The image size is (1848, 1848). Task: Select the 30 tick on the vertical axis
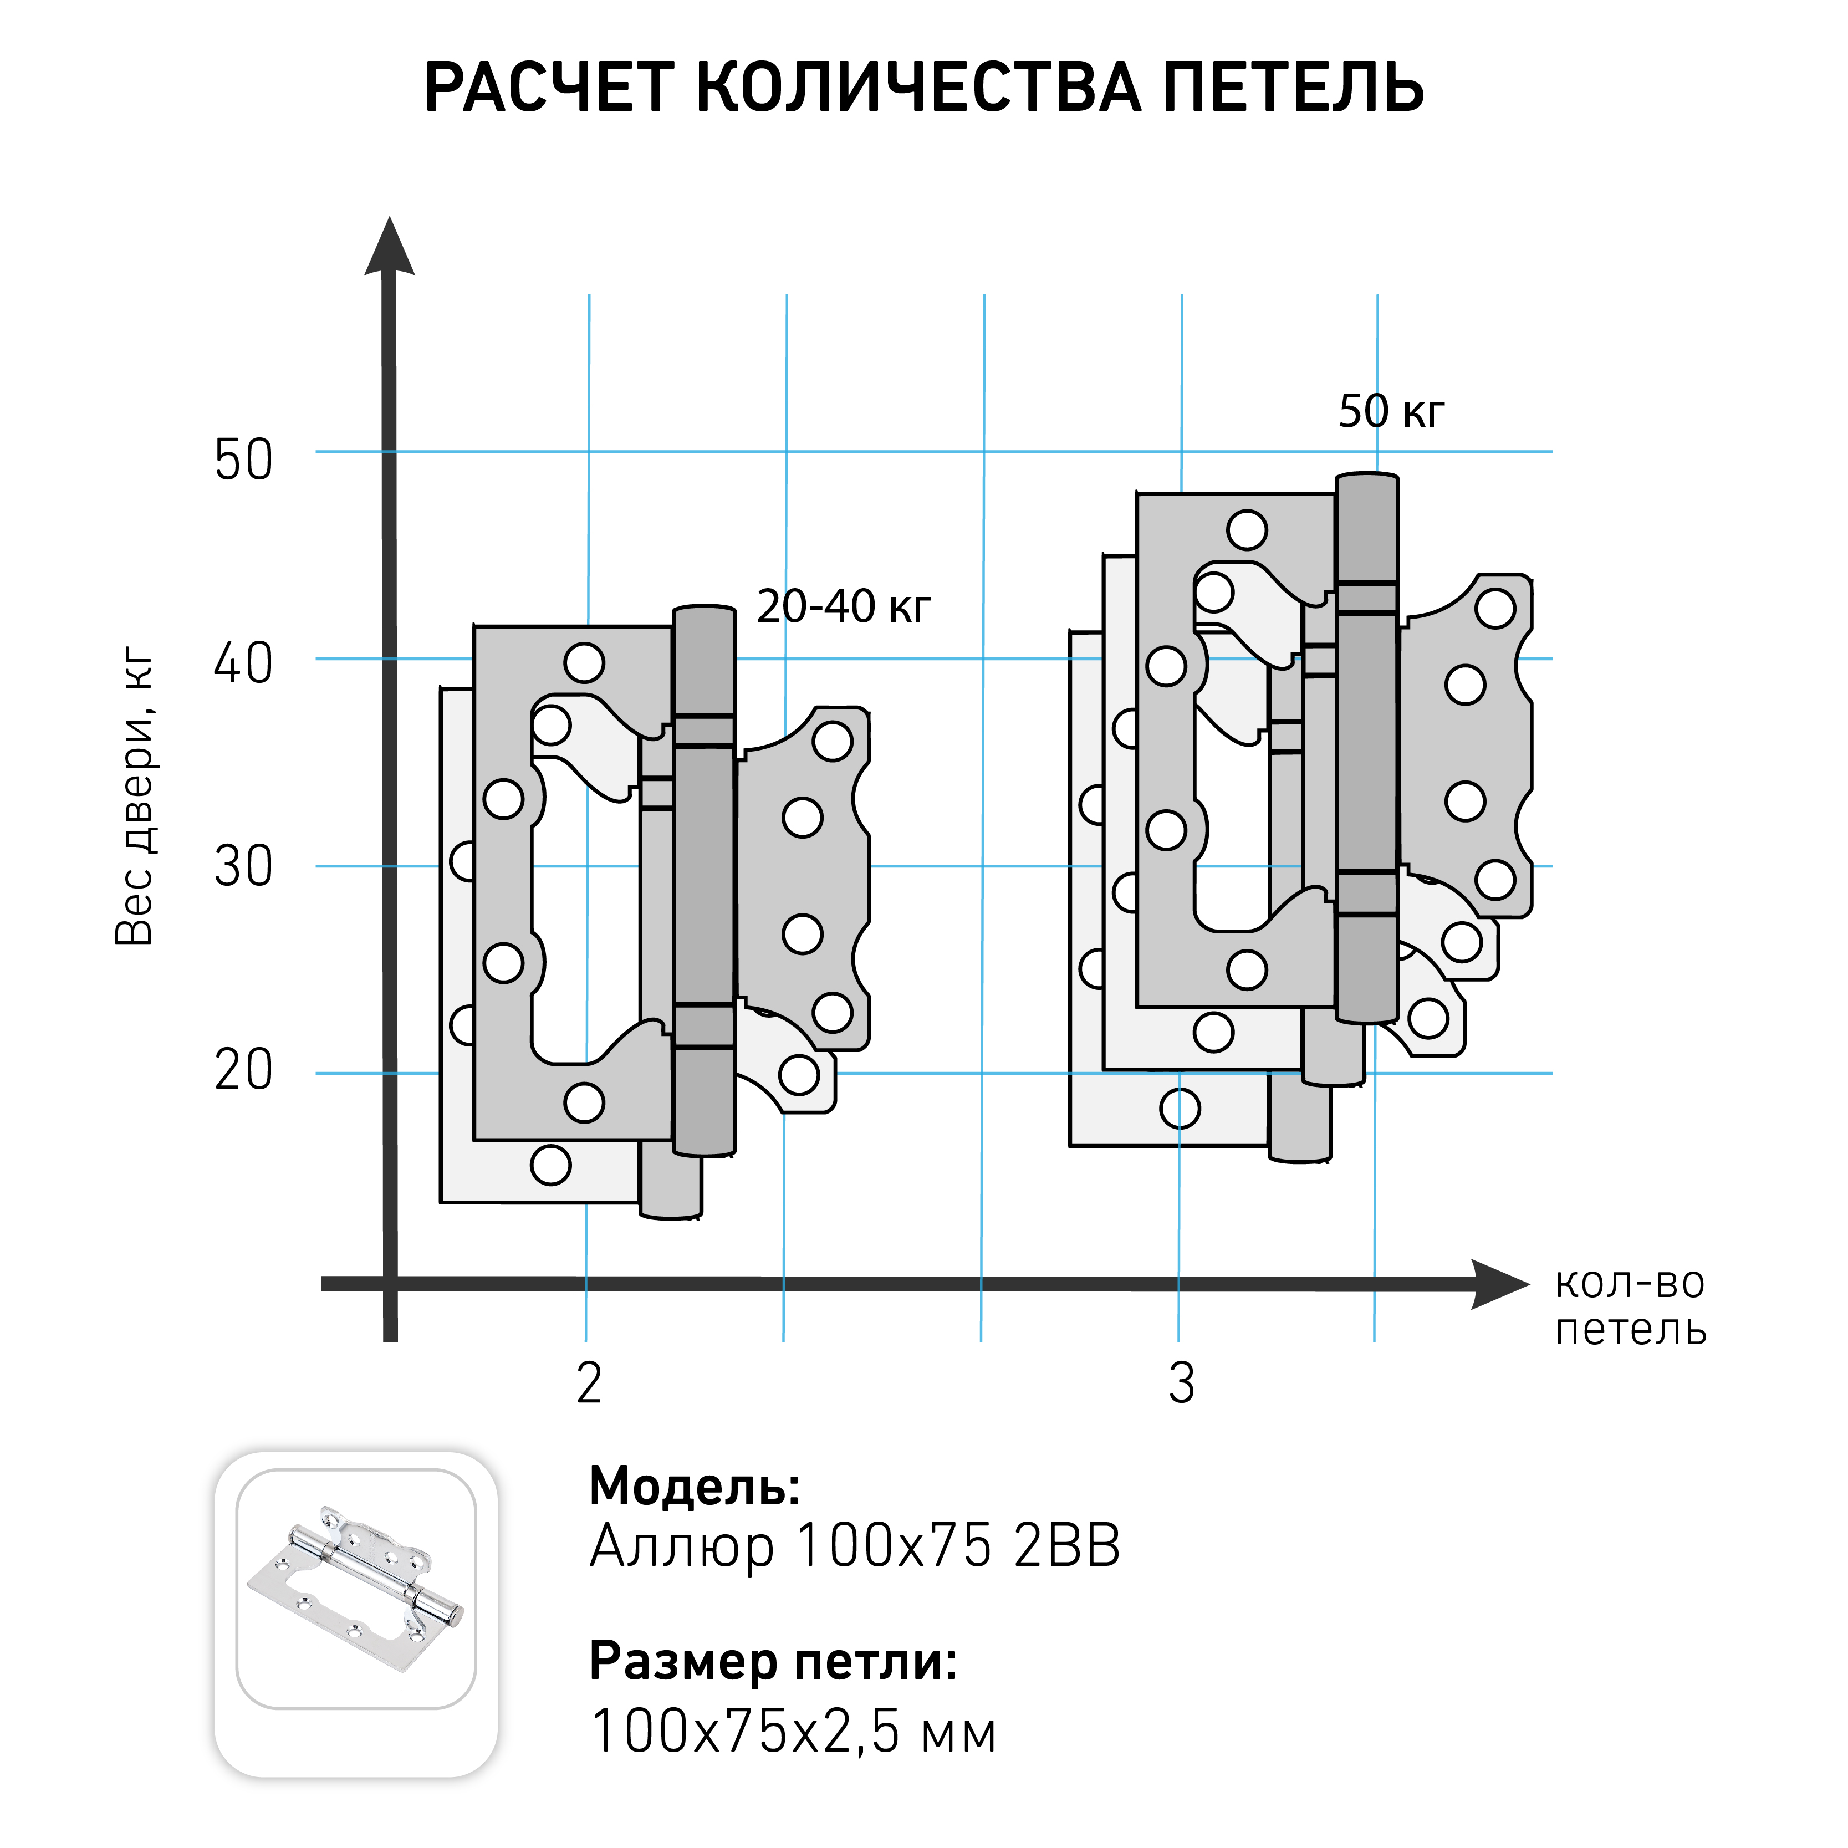point(243,866)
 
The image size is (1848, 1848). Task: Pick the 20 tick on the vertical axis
point(243,1069)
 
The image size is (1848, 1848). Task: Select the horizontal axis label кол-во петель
point(1630,1306)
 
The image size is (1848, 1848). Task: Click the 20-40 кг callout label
point(843,606)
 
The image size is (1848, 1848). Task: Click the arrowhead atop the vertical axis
point(389,247)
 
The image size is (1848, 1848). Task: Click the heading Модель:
point(695,1487)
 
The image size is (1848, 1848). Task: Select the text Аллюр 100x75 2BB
point(854,1546)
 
